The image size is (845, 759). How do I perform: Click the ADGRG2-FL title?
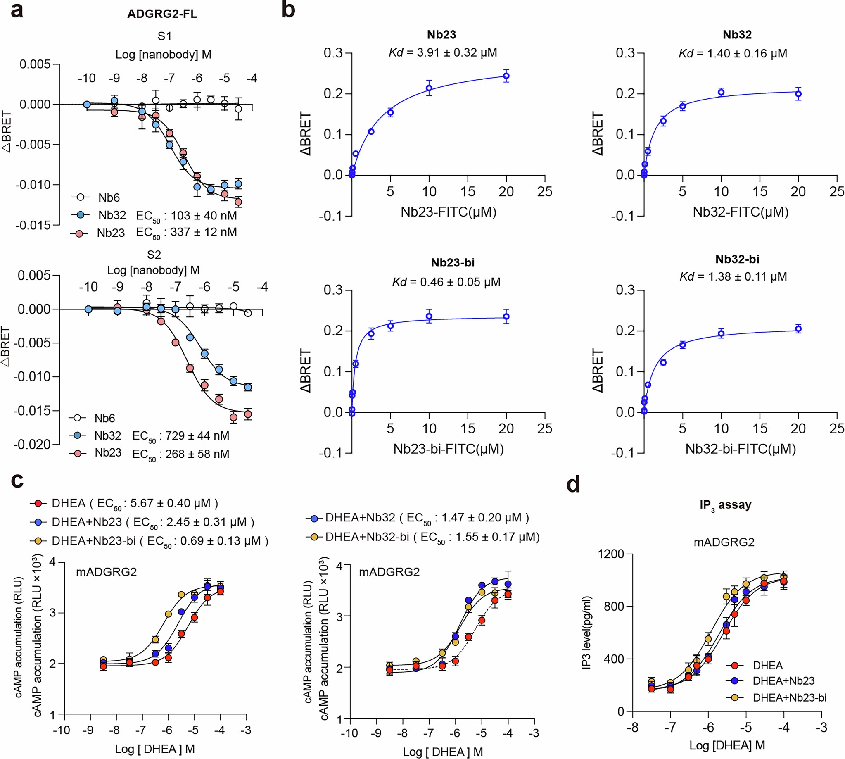(162, 14)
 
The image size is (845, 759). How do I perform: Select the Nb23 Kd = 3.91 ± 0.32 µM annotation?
(443, 53)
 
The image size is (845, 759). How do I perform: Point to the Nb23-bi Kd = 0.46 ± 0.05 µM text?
(446, 282)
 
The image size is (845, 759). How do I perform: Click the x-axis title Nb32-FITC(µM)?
(741, 212)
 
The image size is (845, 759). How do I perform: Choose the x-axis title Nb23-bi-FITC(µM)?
(449, 449)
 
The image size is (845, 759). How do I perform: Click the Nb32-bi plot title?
(737, 259)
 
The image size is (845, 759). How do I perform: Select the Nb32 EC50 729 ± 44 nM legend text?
(180, 436)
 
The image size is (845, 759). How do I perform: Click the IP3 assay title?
(725, 505)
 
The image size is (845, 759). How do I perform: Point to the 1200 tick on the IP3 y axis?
(611, 554)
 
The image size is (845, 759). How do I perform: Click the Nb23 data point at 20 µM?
(506, 76)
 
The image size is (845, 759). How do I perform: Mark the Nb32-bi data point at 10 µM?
(721, 333)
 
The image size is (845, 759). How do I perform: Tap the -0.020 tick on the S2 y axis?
(32, 445)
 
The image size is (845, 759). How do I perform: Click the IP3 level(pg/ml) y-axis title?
(586, 633)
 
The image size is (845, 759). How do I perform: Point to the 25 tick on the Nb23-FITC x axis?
(544, 192)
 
